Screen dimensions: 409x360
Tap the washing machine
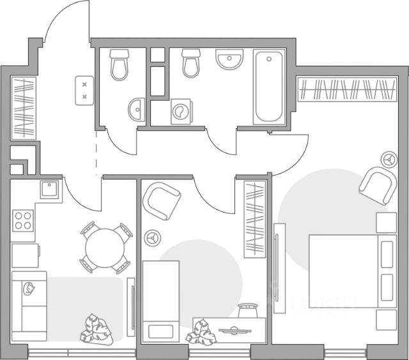[x=181, y=112]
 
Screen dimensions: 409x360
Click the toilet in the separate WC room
[x=120, y=65]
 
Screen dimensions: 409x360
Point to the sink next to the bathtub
[x=229, y=61]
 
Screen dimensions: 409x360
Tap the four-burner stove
[x=24, y=220]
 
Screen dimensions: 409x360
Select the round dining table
[x=106, y=246]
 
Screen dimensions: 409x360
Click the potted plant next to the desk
[x=200, y=333]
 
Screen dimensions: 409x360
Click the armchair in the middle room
[x=164, y=199]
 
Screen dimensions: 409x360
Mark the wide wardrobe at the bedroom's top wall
[x=347, y=89]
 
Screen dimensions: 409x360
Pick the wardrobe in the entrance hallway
[x=24, y=107]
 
